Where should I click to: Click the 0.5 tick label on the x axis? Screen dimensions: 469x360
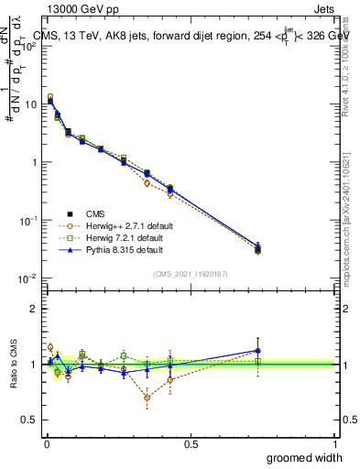(x=191, y=443)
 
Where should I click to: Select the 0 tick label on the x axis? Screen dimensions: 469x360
(x=46, y=443)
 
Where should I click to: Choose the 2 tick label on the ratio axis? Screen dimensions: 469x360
(x=34, y=309)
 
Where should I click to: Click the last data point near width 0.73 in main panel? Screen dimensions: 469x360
(x=257, y=247)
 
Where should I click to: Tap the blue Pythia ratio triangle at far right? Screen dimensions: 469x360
(x=257, y=351)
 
